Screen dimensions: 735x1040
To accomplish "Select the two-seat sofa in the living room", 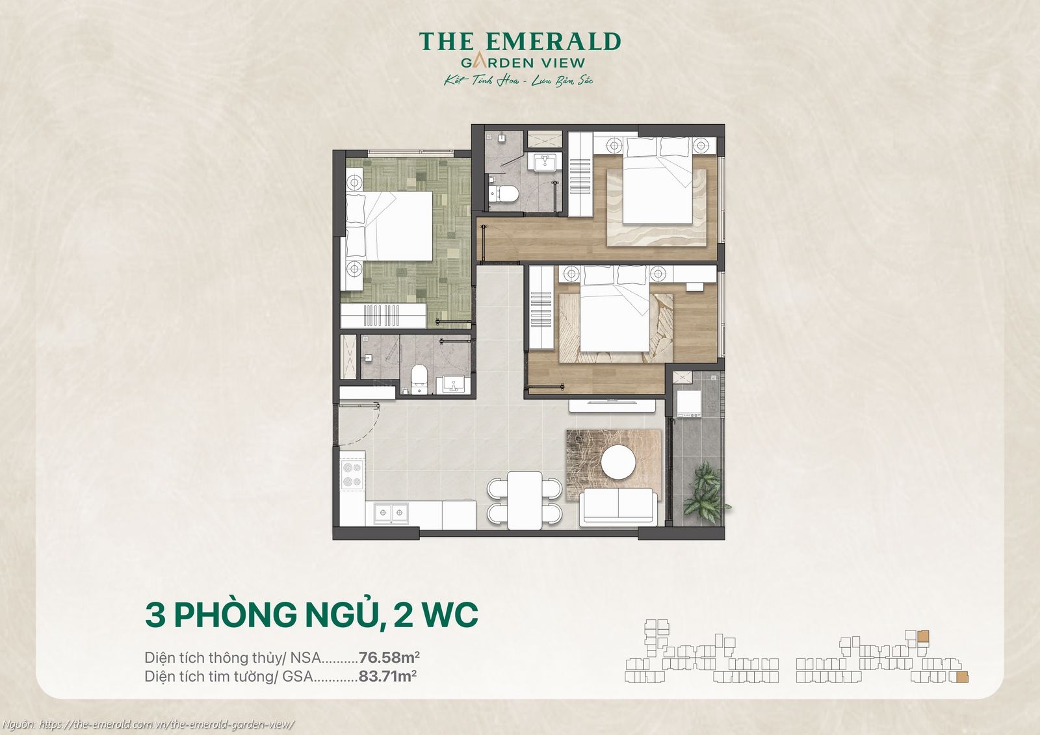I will click(618, 506).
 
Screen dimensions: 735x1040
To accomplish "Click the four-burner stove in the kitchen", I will click(352, 474).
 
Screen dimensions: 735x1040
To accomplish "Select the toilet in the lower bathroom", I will click(419, 379).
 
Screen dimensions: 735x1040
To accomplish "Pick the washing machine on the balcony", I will click(688, 404).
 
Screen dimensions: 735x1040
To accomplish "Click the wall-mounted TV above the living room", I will click(612, 403).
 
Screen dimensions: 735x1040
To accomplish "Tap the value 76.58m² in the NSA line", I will click(393, 657).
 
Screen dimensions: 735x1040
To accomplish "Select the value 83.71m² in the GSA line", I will click(387, 677).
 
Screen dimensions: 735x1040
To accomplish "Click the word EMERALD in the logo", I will click(553, 42).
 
